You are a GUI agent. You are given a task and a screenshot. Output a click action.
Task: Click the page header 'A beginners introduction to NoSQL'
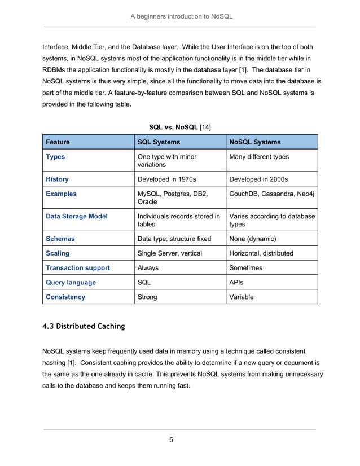coord(181,16)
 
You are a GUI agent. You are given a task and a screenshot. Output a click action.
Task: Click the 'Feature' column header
coord(58,142)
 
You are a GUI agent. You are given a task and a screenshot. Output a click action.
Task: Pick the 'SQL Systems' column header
coord(160,142)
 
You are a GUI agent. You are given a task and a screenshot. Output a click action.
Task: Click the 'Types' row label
coord(55,157)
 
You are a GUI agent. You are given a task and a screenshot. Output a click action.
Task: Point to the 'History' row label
coord(57,179)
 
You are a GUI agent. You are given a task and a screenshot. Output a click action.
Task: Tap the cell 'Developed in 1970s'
coord(167,179)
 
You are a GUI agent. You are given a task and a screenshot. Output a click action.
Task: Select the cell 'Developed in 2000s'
coord(258,179)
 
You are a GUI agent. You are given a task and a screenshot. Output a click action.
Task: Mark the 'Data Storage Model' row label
coord(76,216)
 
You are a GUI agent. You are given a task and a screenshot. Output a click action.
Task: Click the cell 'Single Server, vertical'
coord(170,253)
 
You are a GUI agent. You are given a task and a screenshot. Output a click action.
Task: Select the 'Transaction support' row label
coord(78,268)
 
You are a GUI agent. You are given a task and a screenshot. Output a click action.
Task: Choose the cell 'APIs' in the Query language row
coord(237,282)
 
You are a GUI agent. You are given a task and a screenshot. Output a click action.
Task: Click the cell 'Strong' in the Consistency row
coord(148,297)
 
